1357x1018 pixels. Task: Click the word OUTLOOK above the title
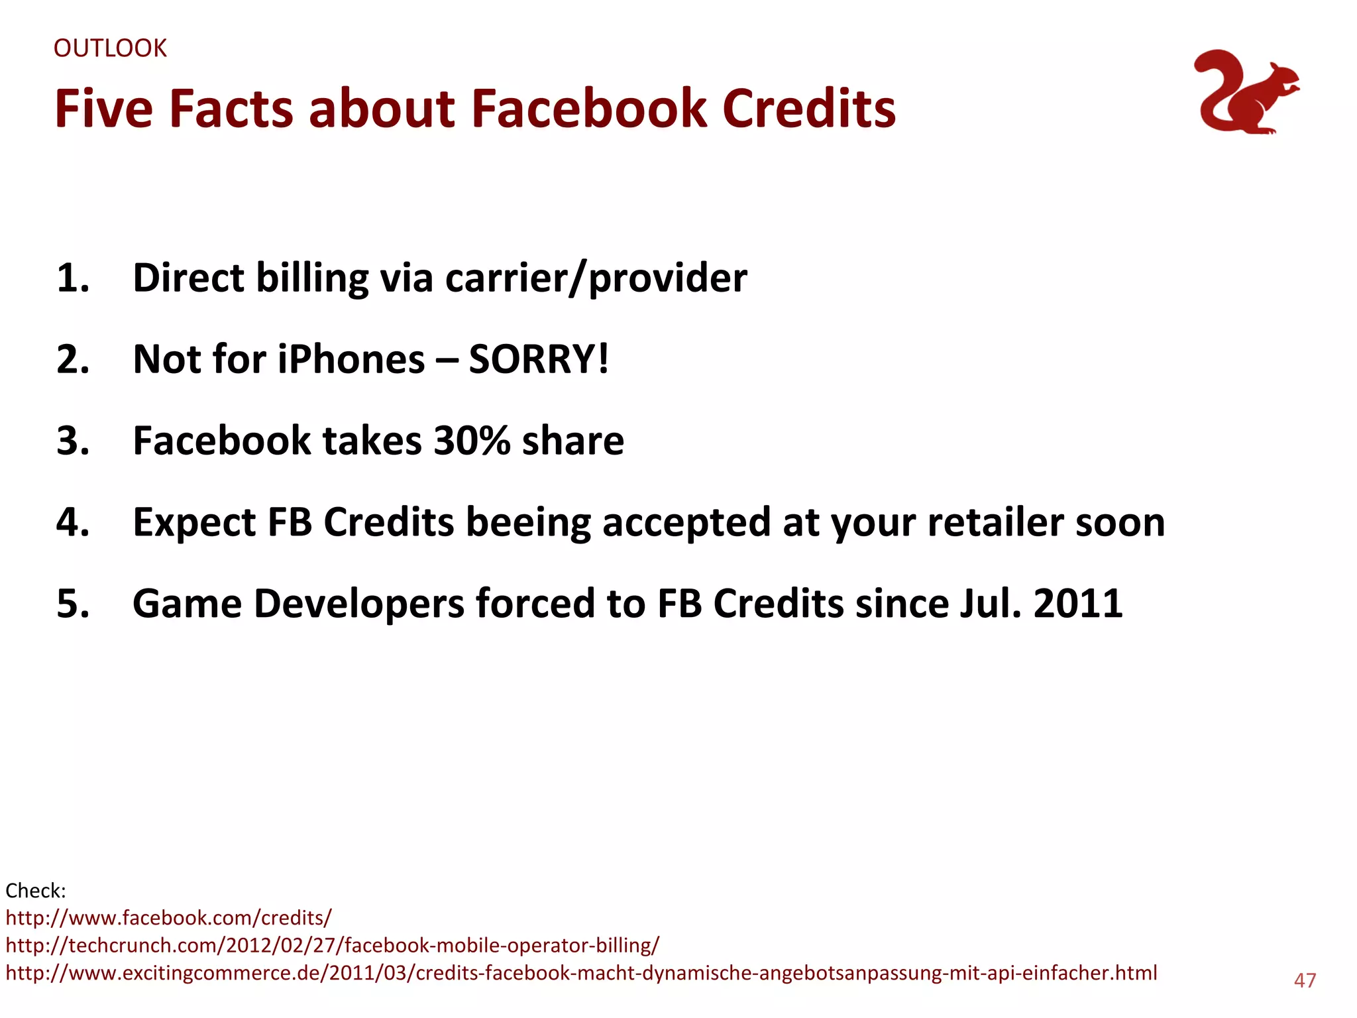[x=110, y=48]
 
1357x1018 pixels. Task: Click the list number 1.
[x=73, y=278]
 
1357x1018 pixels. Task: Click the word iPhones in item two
[x=351, y=359]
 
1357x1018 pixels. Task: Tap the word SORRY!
[x=538, y=359]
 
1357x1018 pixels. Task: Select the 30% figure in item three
[x=472, y=441]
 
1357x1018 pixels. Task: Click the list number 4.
[x=73, y=522]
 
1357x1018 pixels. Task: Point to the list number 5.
[x=73, y=604]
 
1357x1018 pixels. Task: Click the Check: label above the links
[x=36, y=890]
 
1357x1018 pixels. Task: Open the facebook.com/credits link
[x=168, y=918]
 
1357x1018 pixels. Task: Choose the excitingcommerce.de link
[x=581, y=973]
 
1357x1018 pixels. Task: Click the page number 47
[x=1305, y=980]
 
